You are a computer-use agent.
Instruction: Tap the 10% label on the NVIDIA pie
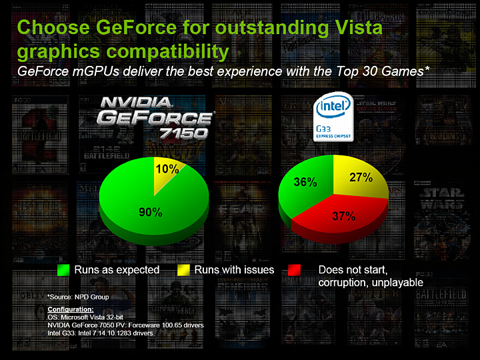coord(167,169)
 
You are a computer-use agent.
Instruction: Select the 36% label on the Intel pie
coord(305,181)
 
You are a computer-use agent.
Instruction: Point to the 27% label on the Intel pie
coord(361,177)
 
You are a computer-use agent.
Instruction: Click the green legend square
coord(63,270)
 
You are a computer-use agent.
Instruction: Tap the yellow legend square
coord(182,270)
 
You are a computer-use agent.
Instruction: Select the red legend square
coord(296,270)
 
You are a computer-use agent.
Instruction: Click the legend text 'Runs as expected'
coord(117,269)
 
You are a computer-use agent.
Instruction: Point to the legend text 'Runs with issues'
coord(234,269)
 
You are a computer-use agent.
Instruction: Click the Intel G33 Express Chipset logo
coord(333,118)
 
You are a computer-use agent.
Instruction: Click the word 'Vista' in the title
coord(357,29)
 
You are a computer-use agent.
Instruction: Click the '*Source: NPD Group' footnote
coord(77,296)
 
